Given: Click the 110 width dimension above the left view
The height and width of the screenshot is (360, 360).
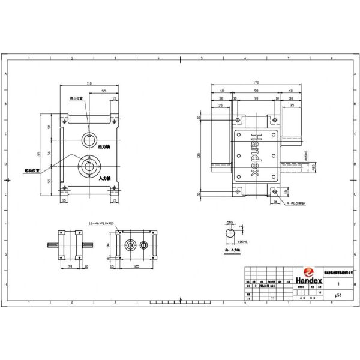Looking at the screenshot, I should pyautogui.click(x=89, y=83).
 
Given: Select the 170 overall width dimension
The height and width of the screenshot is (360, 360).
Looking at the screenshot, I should pyautogui.click(x=256, y=82).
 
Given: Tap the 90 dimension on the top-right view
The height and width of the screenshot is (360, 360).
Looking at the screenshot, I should pyautogui.click(x=256, y=91).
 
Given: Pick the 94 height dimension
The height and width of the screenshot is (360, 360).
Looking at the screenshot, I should pyautogui.click(x=107, y=245).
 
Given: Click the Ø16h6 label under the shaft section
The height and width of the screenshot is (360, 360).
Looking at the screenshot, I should pyautogui.click(x=242, y=242).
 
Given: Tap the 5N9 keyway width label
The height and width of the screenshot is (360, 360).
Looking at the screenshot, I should pyautogui.click(x=230, y=222).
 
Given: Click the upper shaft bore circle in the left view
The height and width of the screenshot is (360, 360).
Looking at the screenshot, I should pyautogui.click(x=89, y=138).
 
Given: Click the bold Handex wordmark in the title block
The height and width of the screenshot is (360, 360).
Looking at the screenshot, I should pyautogui.click(x=308, y=281).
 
